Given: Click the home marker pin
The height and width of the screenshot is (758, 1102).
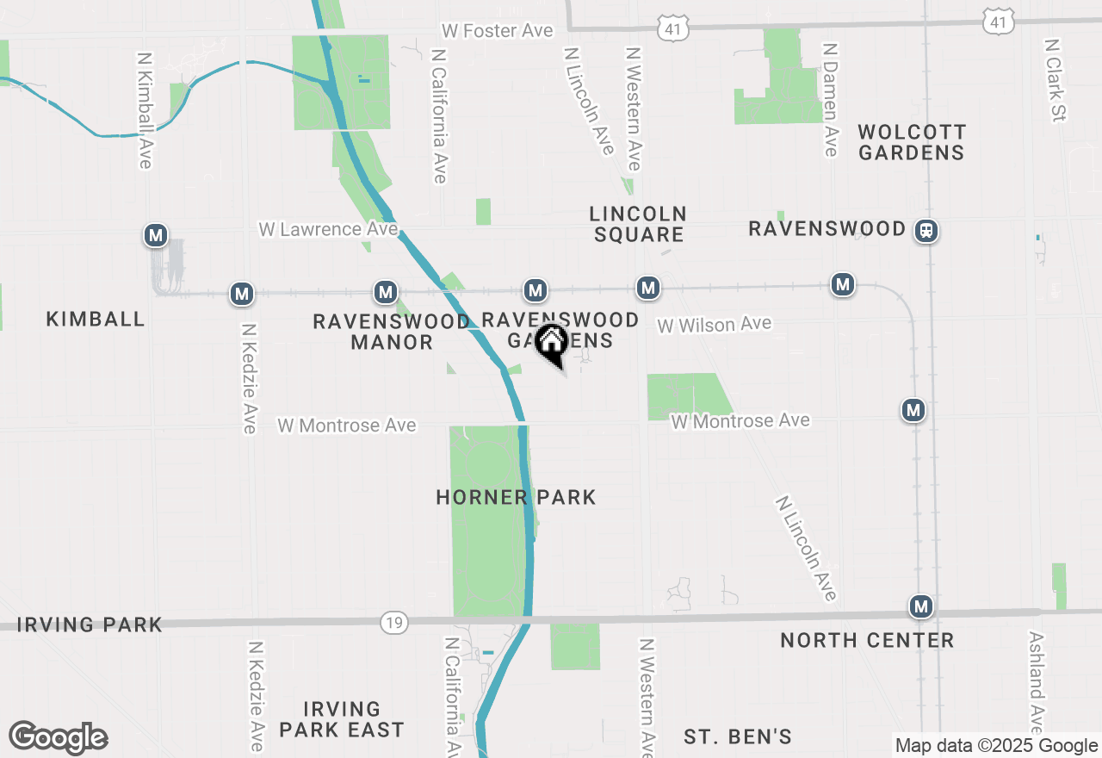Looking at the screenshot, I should pyautogui.click(x=551, y=344).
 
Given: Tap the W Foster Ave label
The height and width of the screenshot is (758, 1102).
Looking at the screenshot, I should pyautogui.click(x=498, y=31).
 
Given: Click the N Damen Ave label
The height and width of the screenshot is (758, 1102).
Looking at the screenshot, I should pyautogui.click(x=830, y=100).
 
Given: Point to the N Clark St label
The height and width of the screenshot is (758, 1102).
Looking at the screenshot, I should pyautogui.click(x=1055, y=79).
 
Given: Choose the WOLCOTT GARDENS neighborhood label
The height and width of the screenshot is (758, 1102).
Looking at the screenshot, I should pyautogui.click(x=912, y=142).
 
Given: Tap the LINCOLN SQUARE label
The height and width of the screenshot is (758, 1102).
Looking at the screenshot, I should pyautogui.click(x=638, y=223).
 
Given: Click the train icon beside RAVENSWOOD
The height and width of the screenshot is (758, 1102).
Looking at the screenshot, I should pyautogui.click(x=926, y=231).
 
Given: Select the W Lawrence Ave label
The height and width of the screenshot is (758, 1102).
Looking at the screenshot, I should pyautogui.click(x=328, y=229).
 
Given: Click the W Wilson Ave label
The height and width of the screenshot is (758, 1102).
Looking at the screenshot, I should pyautogui.click(x=715, y=325).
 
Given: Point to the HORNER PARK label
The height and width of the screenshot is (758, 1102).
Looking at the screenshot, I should pyautogui.click(x=516, y=497).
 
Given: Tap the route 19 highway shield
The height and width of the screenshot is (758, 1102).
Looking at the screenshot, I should pyautogui.click(x=394, y=623).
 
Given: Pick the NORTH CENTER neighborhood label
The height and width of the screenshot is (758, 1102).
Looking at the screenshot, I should pyautogui.click(x=867, y=640).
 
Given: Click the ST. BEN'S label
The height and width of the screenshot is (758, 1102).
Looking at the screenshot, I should pyautogui.click(x=738, y=736).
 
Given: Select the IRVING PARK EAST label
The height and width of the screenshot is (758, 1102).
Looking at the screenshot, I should pyautogui.click(x=342, y=719).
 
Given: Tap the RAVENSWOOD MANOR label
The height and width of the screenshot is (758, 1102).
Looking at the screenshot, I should pyautogui.click(x=392, y=332).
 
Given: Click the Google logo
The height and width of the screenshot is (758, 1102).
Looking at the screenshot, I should pyautogui.click(x=58, y=738).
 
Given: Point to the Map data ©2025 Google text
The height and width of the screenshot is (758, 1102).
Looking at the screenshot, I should pyautogui.click(x=996, y=746).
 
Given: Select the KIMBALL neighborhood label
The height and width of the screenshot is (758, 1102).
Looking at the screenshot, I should pyautogui.click(x=96, y=319).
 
